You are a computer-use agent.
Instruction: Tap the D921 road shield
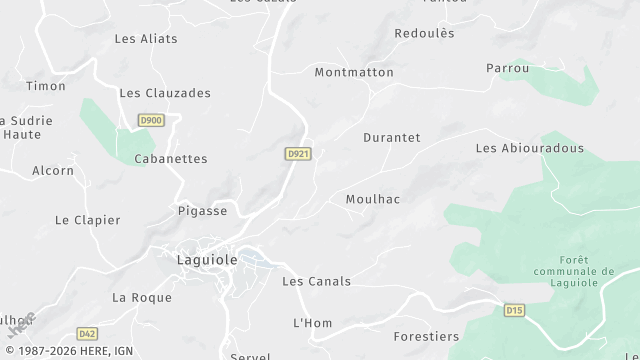coord(297,153)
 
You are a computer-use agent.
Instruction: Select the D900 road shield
coord(151,120)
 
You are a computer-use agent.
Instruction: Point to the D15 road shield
coord(514,310)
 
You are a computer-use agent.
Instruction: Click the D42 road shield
coord(87,334)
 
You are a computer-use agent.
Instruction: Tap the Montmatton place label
coord(356,72)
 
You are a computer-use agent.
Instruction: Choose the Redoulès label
coord(424,33)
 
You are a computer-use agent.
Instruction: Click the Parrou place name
coord(507,68)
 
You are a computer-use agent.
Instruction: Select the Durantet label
coord(391,137)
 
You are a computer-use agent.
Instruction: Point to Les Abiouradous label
coord(529,148)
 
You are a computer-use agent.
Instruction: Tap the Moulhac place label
coord(372,199)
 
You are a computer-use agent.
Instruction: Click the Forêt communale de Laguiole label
coord(573,270)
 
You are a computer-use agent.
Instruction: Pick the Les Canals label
coord(316,281)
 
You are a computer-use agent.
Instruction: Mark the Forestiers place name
coord(426,337)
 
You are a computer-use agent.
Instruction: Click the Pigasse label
coord(202,211)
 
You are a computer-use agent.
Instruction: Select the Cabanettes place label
coord(170,158)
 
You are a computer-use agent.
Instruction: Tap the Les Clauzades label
coord(165,93)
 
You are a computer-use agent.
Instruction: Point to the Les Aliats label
coord(146,39)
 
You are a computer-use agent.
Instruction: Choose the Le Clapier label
coord(87,220)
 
